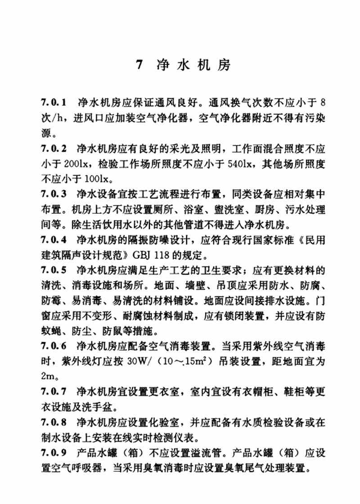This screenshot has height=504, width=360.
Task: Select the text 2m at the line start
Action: coord(46,377)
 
